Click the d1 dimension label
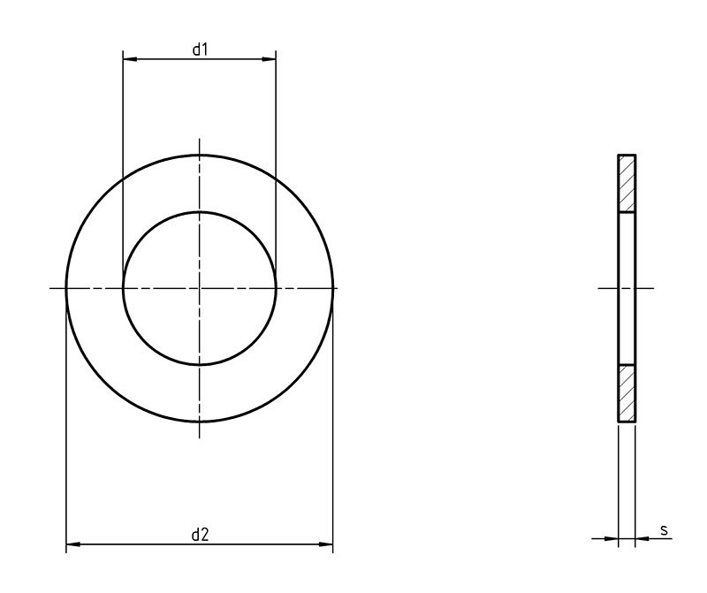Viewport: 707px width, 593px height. coord(200,49)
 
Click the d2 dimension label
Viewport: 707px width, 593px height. coord(200,534)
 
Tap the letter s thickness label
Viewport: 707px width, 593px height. coord(664,530)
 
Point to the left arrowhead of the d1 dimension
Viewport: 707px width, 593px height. coord(128,59)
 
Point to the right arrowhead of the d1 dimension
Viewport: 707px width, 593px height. coord(270,59)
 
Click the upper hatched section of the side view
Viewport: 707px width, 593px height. coord(627,184)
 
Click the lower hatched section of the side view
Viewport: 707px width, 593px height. coord(627,393)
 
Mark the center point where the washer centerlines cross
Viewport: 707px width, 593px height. coord(200,288)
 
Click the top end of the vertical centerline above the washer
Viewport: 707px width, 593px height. coord(200,140)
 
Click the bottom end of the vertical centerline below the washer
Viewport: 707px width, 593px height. coord(200,438)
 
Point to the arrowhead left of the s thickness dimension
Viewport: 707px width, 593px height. coord(612,538)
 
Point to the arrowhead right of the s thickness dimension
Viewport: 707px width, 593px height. coord(642,538)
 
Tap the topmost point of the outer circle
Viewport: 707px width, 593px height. coord(200,155)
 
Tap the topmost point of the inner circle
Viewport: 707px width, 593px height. coord(200,212)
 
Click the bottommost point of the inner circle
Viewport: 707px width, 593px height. coord(200,365)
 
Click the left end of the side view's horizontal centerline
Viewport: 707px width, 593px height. coord(599,288)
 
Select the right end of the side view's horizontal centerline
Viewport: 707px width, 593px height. coord(654,288)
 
